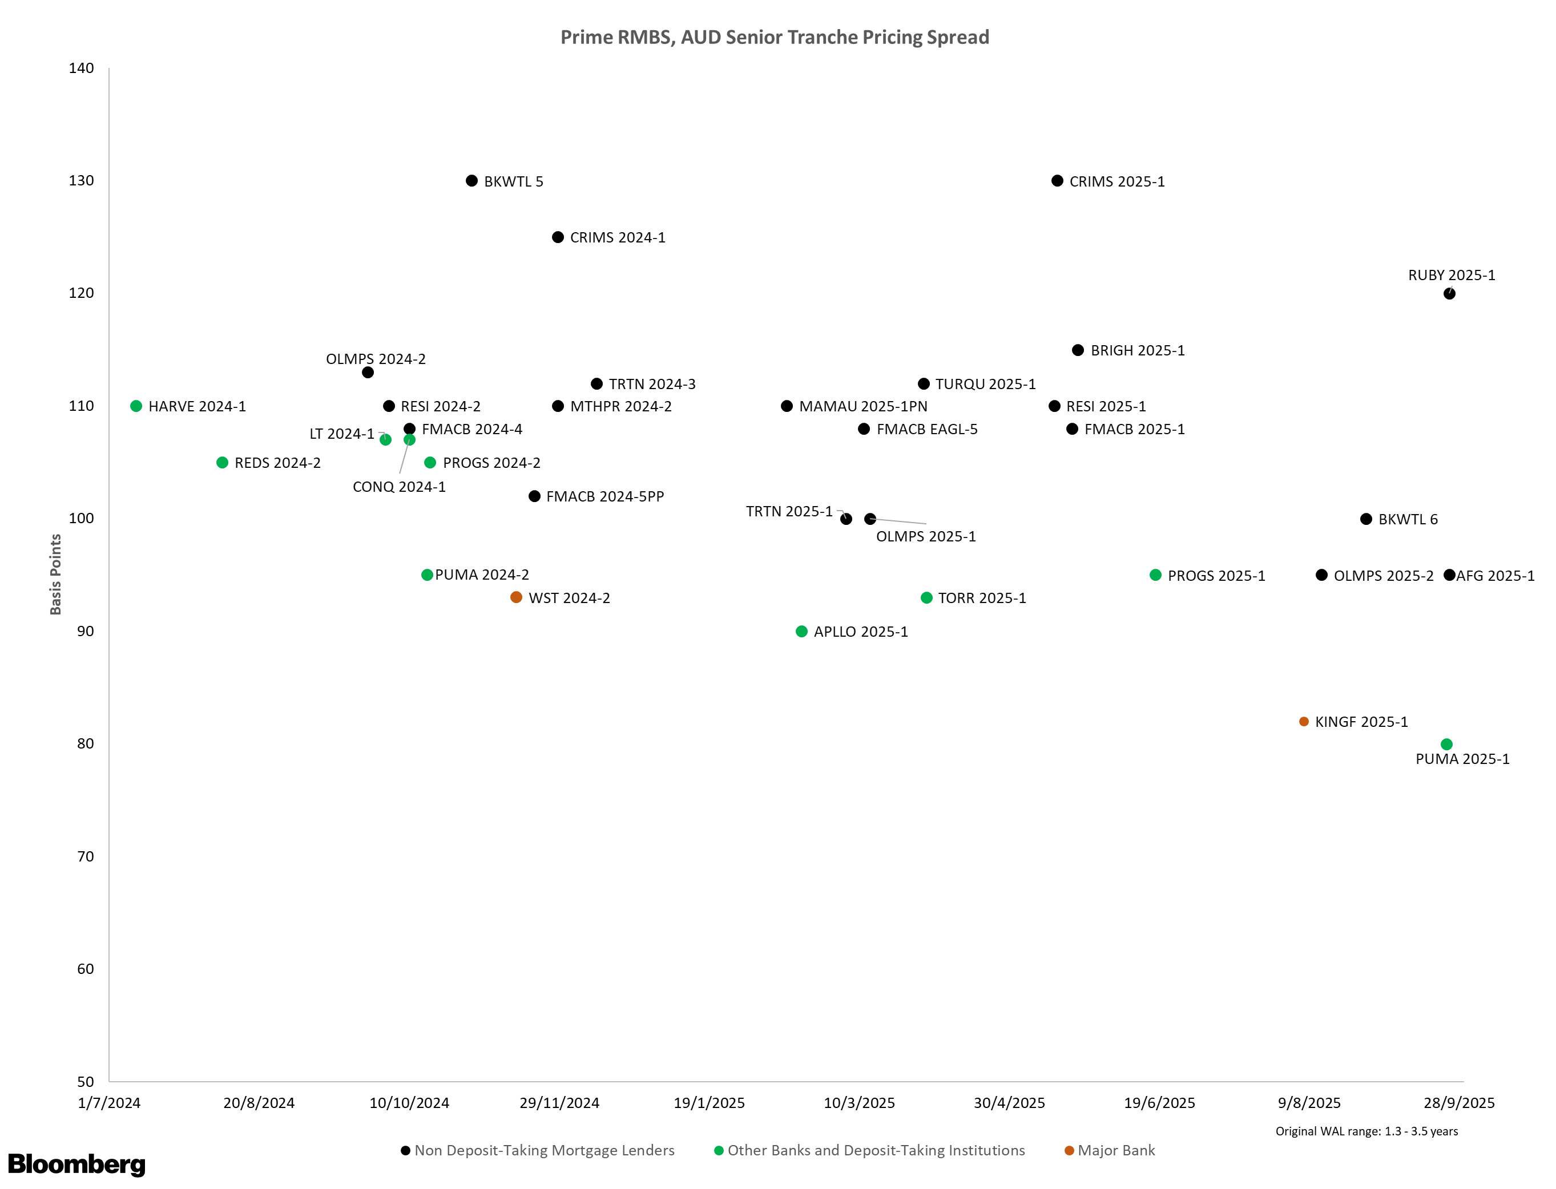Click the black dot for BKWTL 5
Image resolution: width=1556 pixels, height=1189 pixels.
pyautogui.click(x=471, y=181)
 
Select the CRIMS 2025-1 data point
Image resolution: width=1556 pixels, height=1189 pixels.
pyautogui.click(x=1057, y=181)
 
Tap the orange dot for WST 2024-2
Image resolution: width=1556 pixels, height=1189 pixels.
pyautogui.click(x=516, y=597)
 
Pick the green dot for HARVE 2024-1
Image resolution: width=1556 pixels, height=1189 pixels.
pyautogui.click(x=136, y=406)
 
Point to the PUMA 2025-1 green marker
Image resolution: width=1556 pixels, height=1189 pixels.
pyautogui.click(x=1446, y=745)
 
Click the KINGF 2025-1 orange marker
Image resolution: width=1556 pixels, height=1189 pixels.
pyautogui.click(x=1304, y=722)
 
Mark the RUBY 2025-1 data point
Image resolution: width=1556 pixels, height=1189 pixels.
pyautogui.click(x=1449, y=294)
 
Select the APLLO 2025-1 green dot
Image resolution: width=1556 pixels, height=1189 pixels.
pyautogui.click(x=801, y=632)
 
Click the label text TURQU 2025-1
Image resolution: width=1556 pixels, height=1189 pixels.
pyautogui.click(x=985, y=385)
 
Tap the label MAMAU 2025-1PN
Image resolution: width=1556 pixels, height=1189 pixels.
pyautogui.click(x=863, y=406)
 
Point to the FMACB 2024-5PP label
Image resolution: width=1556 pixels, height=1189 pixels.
pyautogui.click(x=605, y=497)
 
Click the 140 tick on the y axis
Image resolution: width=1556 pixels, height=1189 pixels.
pyautogui.click(x=82, y=68)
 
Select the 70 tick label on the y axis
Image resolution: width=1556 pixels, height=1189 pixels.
pyautogui.click(x=85, y=856)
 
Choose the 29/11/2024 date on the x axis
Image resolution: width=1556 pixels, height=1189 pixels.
pyautogui.click(x=559, y=1103)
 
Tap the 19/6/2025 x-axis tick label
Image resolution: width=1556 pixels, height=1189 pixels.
pyautogui.click(x=1159, y=1103)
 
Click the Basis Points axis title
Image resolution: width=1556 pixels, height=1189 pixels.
pyautogui.click(x=56, y=575)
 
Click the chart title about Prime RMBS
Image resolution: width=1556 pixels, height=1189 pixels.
pyautogui.click(x=775, y=38)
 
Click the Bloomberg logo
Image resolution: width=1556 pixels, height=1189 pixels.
pyautogui.click(x=76, y=1164)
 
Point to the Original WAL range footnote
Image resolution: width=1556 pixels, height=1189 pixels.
pyautogui.click(x=1366, y=1131)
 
